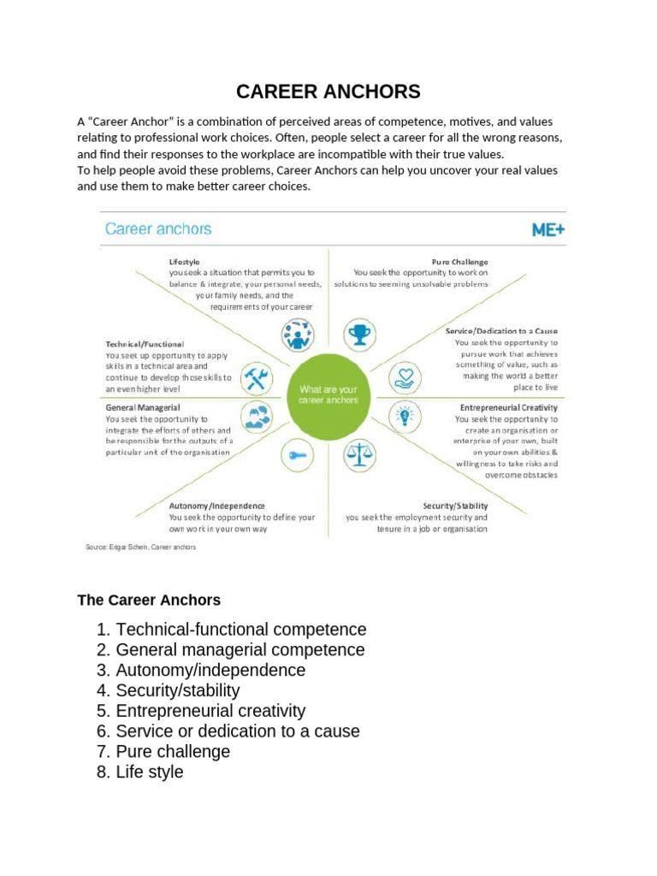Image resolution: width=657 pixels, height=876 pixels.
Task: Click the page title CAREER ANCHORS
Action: pyautogui.click(x=328, y=92)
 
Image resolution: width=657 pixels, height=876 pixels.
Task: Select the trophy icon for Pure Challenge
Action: pyautogui.click(x=359, y=334)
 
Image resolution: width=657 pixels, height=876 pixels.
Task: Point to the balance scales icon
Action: pyautogui.click(x=359, y=455)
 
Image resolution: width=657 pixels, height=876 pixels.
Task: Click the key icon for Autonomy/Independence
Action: pyautogui.click(x=297, y=455)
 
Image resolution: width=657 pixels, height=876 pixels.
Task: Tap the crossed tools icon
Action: pyautogui.click(x=257, y=377)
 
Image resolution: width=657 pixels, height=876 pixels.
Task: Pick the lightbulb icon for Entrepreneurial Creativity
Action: pyautogui.click(x=401, y=417)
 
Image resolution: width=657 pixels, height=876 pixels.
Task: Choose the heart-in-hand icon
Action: pyautogui.click(x=402, y=377)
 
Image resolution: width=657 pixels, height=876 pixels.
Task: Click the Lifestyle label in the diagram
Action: pyautogui.click(x=185, y=261)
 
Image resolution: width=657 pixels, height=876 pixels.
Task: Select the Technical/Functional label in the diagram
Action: pyautogui.click(x=145, y=344)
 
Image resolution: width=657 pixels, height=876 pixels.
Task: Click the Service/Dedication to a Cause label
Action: pyautogui.click(x=501, y=331)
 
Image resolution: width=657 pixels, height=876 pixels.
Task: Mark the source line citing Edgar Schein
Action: pyautogui.click(x=140, y=547)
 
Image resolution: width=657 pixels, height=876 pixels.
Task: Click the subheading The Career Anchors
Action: pyautogui.click(x=149, y=600)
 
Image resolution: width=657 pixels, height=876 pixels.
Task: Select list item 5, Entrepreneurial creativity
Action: pyautogui.click(x=210, y=711)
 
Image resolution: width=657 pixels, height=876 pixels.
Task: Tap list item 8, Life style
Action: pyautogui.click(x=150, y=772)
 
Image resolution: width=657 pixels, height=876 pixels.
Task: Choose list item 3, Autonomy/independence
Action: pyautogui.click(x=210, y=670)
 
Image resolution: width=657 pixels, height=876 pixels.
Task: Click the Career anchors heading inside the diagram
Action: pyautogui.click(x=158, y=229)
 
